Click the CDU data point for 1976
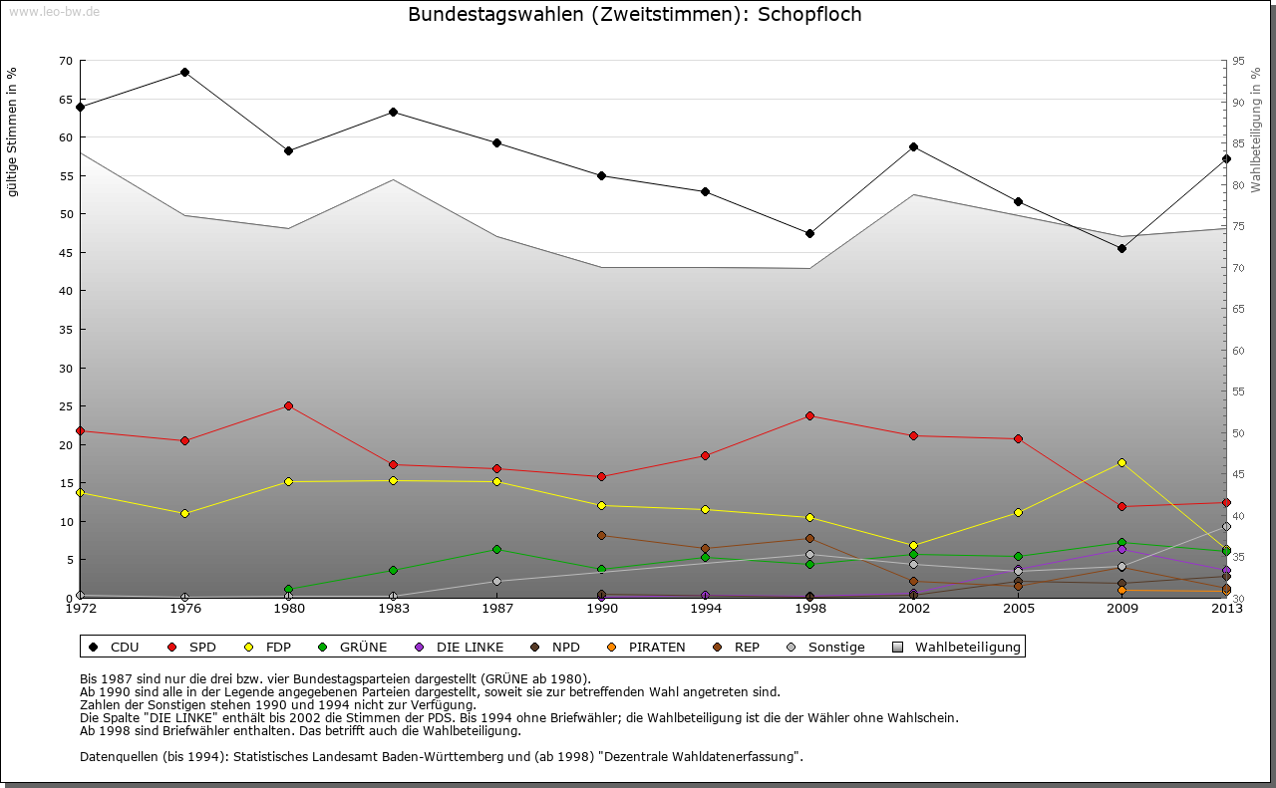(184, 72)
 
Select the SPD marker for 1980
(288, 405)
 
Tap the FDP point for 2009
(1121, 462)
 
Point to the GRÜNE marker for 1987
(496, 549)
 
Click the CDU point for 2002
(913, 146)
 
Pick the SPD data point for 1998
(809, 415)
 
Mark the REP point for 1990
(601, 535)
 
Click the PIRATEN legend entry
(647, 647)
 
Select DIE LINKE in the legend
(460, 647)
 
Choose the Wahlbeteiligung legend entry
(958, 647)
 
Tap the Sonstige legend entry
(826, 647)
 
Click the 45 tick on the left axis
(66, 253)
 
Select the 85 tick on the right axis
(1238, 143)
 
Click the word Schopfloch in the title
(809, 14)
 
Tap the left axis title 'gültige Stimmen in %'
(13, 132)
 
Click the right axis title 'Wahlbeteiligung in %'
(1256, 131)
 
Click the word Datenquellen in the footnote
(119, 756)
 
